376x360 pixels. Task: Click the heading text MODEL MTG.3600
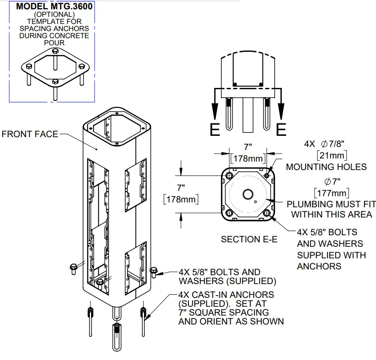[53, 7]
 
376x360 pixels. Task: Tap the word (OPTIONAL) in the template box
[53, 14]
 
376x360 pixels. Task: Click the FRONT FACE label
[30, 134]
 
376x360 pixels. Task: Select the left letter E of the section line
[215, 129]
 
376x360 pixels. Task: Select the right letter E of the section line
[281, 129]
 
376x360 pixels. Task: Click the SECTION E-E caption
[249, 239]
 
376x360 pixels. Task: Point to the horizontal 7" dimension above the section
[248, 146]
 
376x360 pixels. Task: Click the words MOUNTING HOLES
[326, 167]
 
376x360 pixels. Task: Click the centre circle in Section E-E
[248, 194]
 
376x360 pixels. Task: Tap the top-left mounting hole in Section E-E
[229, 176]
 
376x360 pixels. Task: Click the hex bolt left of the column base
[73, 267]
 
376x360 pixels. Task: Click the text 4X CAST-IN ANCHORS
[226, 295]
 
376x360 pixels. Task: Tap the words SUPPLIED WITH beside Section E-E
[331, 255]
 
